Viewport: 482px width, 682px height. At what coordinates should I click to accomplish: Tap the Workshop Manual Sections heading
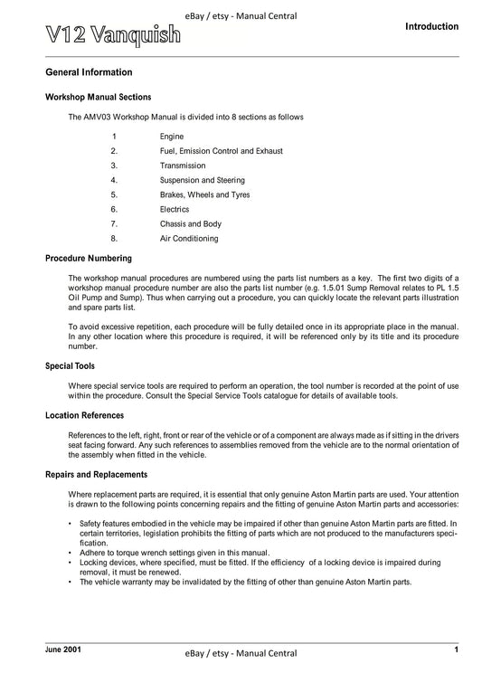pyautogui.click(x=98, y=97)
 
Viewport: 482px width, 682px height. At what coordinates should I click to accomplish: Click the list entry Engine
pyautogui.click(x=172, y=137)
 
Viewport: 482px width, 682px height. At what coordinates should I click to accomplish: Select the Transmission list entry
pyautogui.click(x=184, y=166)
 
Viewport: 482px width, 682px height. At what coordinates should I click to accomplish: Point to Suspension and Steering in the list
pyautogui.click(x=202, y=180)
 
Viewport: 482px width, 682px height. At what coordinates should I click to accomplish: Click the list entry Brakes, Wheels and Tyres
pyautogui.click(x=204, y=194)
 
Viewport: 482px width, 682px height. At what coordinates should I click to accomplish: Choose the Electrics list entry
pyautogui.click(x=175, y=209)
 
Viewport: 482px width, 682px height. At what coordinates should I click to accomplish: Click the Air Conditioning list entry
pyautogui.click(x=189, y=239)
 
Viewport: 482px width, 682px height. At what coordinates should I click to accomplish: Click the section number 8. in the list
pyautogui.click(x=114, y=239)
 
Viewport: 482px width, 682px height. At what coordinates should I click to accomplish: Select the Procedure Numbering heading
pyautogui.click(x=89, y=258)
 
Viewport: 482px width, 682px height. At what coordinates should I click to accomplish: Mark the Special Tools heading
pyautogui.click(x=71, y=366)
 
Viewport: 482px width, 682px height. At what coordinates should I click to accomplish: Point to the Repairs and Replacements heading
pyautogui.click(x=96, y=474)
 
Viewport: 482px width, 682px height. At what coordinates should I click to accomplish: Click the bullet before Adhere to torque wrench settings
pyautogui.click(x=71, y=553)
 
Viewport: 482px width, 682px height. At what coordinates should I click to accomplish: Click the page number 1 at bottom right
pyautogui.click(x=457, y=649)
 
